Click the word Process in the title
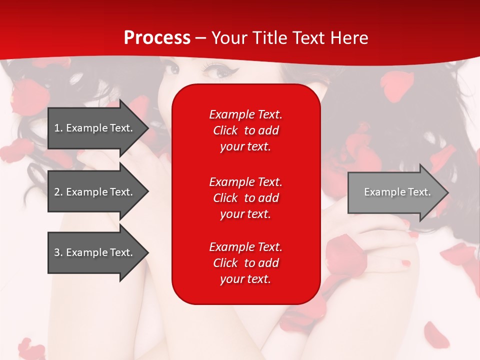[157, 37]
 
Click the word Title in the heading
[269, 37]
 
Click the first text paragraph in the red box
[245, 130]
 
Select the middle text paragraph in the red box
[245, 197]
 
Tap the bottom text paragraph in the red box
[245, 263]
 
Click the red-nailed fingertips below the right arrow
[406, 263]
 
